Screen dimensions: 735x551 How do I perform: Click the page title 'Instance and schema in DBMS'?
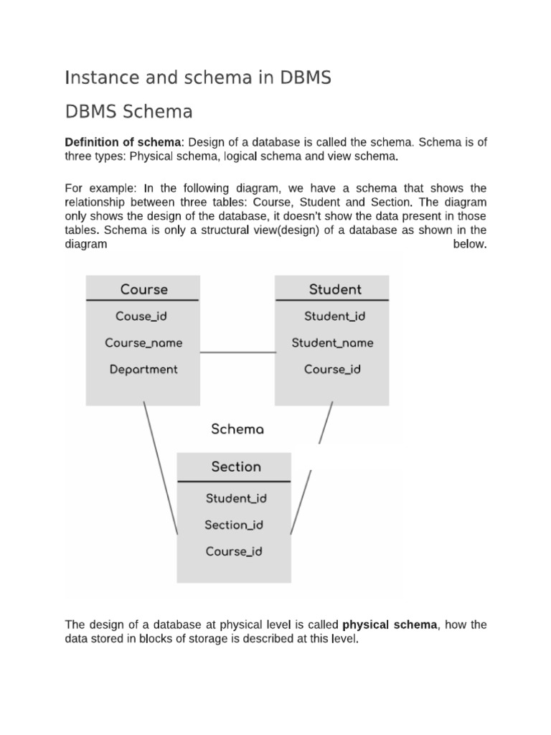pos(198,78)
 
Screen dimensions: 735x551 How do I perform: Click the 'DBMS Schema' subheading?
pos(128,112)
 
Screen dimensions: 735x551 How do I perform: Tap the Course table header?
pos(143,289)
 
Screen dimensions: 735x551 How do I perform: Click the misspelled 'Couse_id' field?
pos(141,316)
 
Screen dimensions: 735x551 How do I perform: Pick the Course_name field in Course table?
pos(143,342)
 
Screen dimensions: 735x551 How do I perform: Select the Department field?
pos(143,369)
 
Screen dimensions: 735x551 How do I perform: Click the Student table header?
pos(335,289)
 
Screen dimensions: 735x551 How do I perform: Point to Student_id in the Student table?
pos(335,316)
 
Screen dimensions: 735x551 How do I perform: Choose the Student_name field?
pos(332,342)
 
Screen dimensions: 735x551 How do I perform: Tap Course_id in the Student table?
pos(332,369)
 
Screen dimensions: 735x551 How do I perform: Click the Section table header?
pos(236,467)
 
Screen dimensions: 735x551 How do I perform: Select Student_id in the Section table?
pos(236,497)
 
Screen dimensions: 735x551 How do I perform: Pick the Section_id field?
pos(234,525)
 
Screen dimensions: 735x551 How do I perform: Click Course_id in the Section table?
pos(234,551)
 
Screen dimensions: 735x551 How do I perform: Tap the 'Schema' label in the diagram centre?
pos(237,429)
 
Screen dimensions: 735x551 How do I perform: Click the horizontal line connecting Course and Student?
pos(237,352)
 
